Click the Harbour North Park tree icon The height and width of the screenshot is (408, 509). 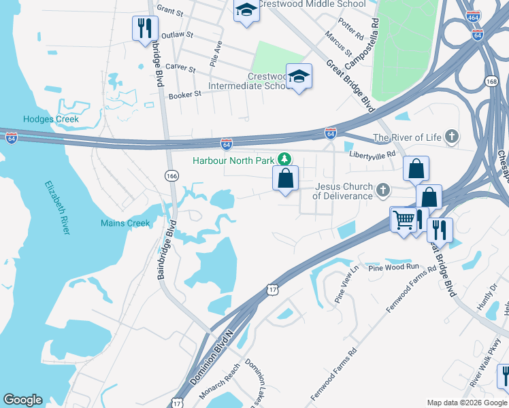(284, 160)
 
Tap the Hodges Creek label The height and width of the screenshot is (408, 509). (51, 119)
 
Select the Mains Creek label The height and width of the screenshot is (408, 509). (125, 223)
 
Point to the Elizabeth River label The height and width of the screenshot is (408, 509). (57, 207)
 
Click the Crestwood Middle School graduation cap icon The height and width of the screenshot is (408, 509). (246, 10)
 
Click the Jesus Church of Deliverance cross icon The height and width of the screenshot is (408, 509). (383, 190)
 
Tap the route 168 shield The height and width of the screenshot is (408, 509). (491, 82)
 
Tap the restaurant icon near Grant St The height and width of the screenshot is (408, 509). (144, 28)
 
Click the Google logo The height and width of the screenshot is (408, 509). (22, 400)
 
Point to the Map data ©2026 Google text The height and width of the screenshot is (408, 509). (466, 403)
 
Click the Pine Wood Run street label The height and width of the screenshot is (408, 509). (394, 267)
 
